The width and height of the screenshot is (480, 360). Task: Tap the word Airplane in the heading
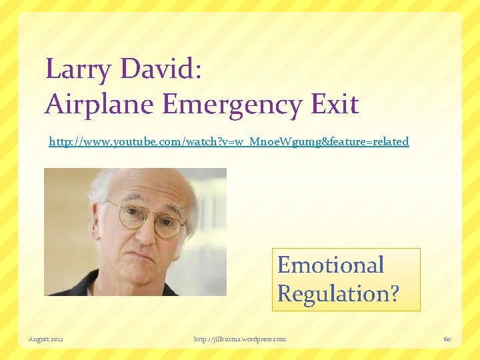pos(93,104)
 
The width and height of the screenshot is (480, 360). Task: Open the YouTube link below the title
pos(229,142)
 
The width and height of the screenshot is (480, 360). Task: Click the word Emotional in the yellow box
pos(331,265)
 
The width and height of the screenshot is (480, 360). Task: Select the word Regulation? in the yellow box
pos(338,293)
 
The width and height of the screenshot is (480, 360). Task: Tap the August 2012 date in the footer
pos(46,339)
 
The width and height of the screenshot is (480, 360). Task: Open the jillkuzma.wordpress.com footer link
pos(239,339)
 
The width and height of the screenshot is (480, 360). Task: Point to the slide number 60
pos(447,339)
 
